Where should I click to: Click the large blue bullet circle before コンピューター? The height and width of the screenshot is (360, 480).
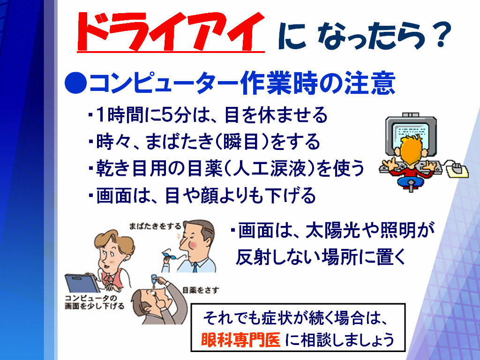pos(75,82)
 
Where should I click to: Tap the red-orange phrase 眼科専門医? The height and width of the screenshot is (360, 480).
pos(240,340)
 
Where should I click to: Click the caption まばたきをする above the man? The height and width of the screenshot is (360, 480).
pos(155,226)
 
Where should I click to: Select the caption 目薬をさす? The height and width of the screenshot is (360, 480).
pos(201,290)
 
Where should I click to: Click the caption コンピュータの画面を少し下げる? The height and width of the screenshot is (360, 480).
pos(94,302)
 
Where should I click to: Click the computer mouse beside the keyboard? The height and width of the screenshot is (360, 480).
pos(457,169)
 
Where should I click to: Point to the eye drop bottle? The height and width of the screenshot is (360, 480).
pos(154,280)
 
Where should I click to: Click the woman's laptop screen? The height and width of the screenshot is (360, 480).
pos(82,283)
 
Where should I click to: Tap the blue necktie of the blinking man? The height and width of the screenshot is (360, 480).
pos(195,267)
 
